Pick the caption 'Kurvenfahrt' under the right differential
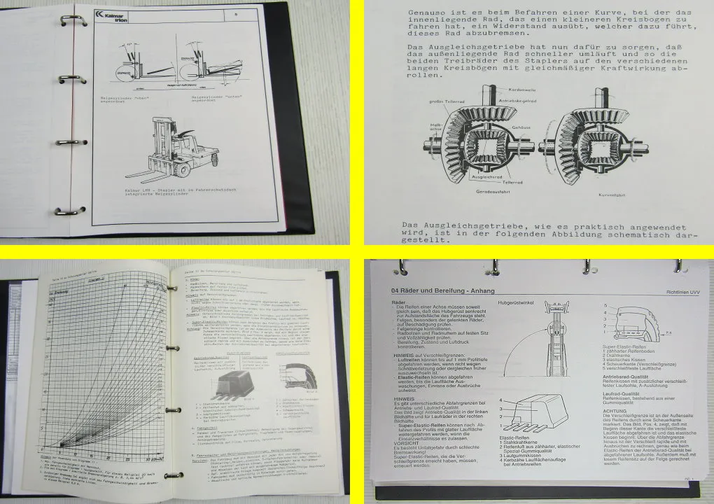tap(616, 198)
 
